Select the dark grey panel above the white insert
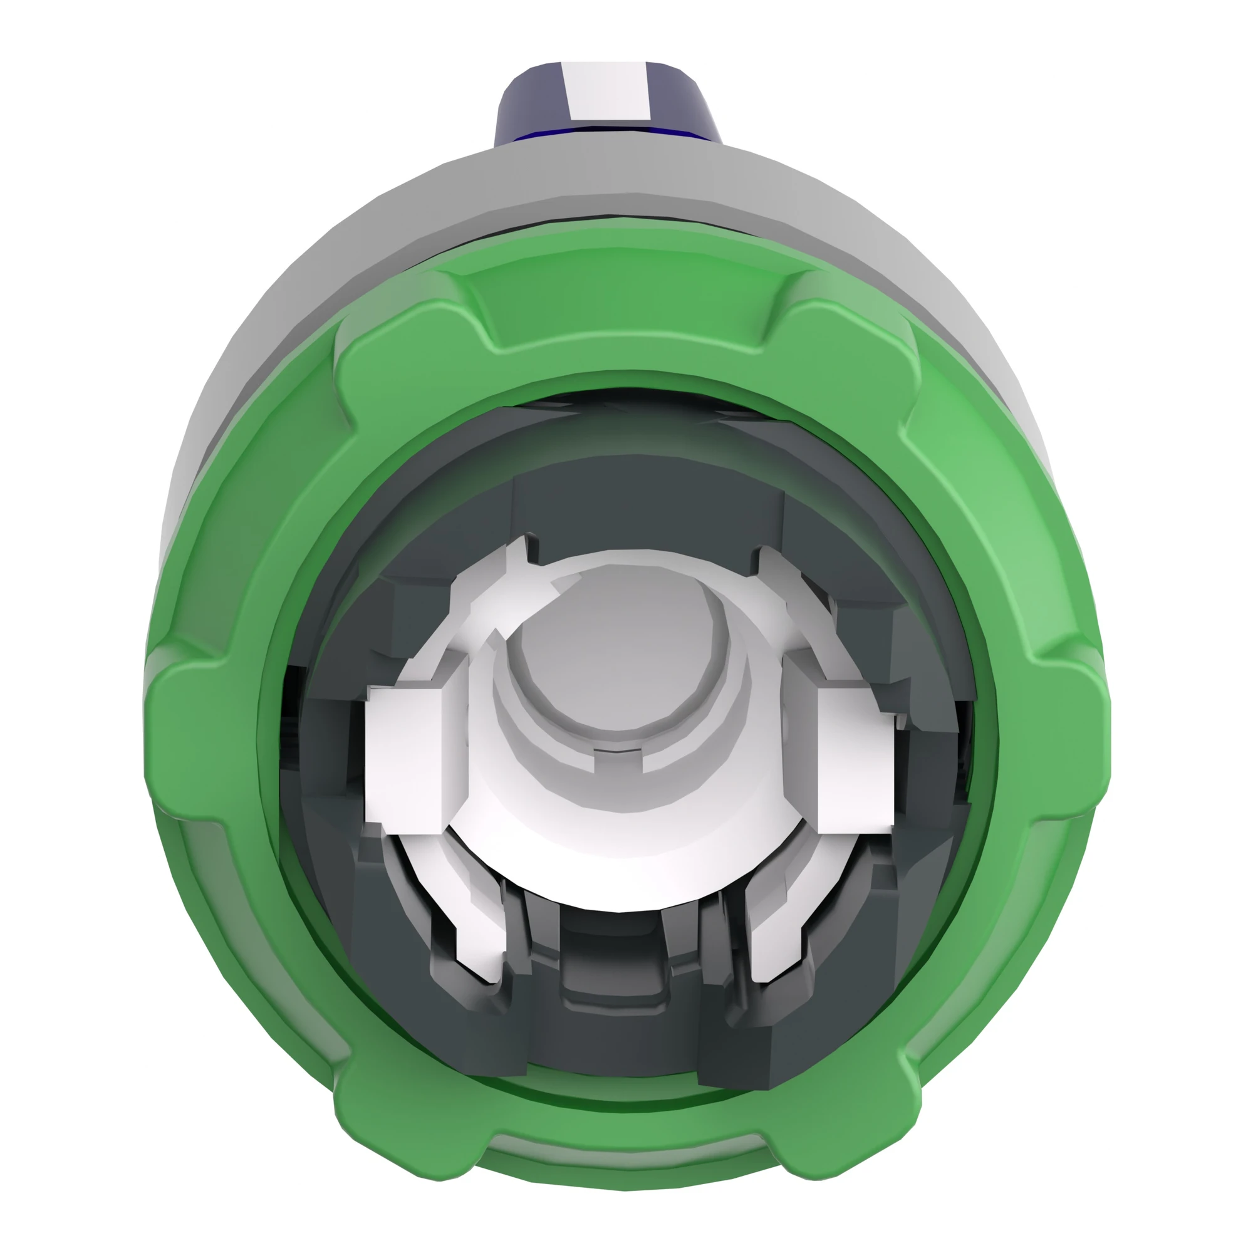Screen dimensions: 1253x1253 click(x=648, y=506)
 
